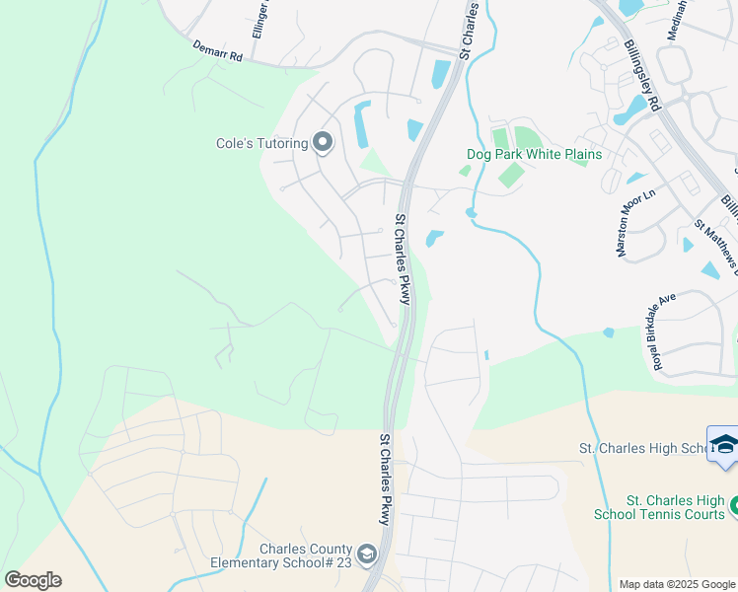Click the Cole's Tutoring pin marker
323,144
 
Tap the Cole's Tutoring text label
262,144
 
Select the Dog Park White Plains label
534,155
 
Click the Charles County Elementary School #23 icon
367,555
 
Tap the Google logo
33,579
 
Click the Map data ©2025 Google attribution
677,584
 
